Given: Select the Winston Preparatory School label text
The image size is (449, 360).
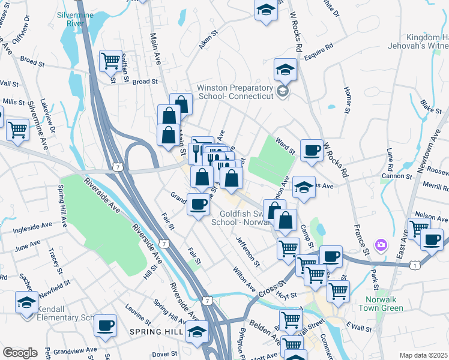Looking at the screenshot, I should click(x=232, y=92).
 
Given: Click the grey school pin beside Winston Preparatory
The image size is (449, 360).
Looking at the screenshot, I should click(x=284, y=92).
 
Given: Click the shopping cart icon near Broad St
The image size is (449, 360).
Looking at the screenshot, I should click(x=110, y=60).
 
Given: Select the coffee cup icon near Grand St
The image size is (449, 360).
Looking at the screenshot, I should click(x=198, y=204).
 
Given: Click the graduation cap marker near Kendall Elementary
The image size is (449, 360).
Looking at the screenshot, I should click(x=26, y=303).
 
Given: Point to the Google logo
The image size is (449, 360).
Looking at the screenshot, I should click(x=20, y=353).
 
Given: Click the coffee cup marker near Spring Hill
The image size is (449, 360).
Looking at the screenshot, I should click(x=106, y=325).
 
